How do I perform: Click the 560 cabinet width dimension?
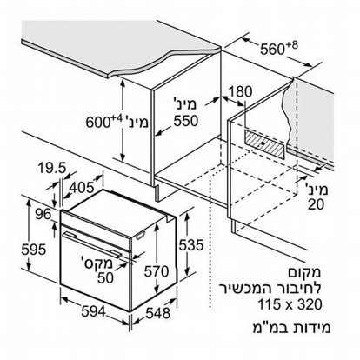(x=278, y=48)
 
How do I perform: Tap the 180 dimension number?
(x=241, y=92)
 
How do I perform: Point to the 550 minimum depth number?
(x=186, y=121)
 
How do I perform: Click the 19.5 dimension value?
(x=52, y=168)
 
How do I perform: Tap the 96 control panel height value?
(x=43, y=214)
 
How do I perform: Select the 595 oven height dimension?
(x=34, y=250)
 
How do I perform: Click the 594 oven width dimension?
(x=93, y=311)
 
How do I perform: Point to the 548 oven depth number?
(x=157, y=313)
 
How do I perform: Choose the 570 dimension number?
(x=157, y=271)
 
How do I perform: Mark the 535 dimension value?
(x=191, y=245)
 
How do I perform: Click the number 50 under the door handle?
(x=105, y=278)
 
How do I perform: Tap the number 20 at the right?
(x=316, y=205)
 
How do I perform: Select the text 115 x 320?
(x=290, y=304)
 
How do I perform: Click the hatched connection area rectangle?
(x=264, y=144)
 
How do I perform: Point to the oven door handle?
(x=92, y=243)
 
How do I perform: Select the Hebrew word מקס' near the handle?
(x=98, y=263)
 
